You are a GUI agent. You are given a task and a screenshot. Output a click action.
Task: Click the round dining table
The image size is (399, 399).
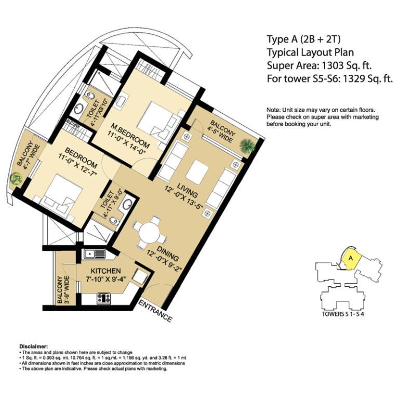(150, 233)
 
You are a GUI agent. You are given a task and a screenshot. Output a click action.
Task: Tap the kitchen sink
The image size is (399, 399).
(95, 254)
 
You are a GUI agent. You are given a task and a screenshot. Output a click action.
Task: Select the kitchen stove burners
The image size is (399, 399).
(104, 298)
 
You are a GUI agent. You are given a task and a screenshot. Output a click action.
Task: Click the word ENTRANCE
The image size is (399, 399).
(155, 311)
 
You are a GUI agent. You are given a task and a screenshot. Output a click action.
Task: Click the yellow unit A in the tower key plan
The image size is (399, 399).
(351, 259)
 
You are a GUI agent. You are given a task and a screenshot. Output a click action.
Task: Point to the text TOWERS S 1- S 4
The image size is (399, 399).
(343, 314)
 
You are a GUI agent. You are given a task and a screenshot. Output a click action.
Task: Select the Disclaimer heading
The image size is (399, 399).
(34, 347)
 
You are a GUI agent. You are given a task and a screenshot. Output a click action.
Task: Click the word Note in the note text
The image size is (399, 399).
(273, 110)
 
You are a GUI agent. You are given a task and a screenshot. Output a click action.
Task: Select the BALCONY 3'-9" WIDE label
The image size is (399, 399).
(63, 290)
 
